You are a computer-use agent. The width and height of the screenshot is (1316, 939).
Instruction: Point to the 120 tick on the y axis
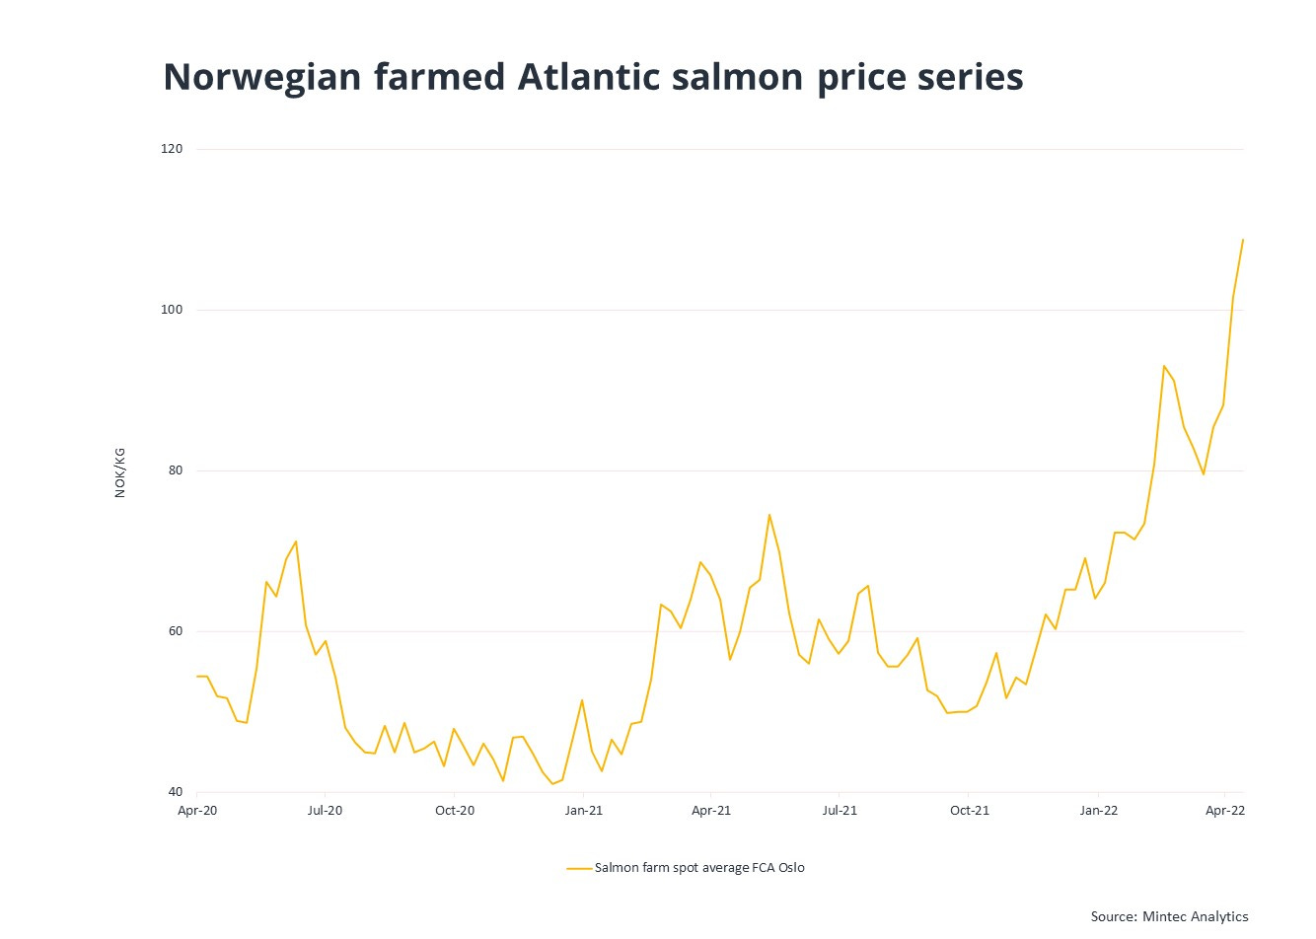[173, 149]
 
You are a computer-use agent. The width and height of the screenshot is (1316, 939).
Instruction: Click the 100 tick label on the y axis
[173, 310]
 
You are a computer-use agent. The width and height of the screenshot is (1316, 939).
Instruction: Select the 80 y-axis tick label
[176, 470]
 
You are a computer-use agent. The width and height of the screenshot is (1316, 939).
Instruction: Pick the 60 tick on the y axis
[176, 631]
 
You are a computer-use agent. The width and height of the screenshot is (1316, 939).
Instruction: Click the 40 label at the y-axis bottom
[176, 792]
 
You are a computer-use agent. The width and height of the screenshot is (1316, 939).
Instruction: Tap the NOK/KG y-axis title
[120, 472]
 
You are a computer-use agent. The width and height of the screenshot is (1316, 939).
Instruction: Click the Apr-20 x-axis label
[197, 811]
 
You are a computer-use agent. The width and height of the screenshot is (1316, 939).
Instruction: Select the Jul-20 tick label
[326, 811]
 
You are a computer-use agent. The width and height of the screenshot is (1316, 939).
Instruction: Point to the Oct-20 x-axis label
[455, 811]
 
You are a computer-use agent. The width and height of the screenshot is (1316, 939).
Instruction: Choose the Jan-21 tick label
[583, 811]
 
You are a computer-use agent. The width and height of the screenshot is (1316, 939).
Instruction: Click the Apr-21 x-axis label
[711, 811]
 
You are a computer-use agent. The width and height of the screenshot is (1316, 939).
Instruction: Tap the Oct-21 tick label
[969, 811]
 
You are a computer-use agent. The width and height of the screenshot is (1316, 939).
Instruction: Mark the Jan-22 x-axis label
[1098, 811]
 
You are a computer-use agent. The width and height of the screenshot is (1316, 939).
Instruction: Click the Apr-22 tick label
[1225, 811]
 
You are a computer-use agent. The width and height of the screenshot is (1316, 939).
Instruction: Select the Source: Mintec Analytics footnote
[1169, 916]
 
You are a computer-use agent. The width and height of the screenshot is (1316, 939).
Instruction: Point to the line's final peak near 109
[1243, 240]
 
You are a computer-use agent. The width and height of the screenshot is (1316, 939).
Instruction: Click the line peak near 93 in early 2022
[1164, 366]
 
